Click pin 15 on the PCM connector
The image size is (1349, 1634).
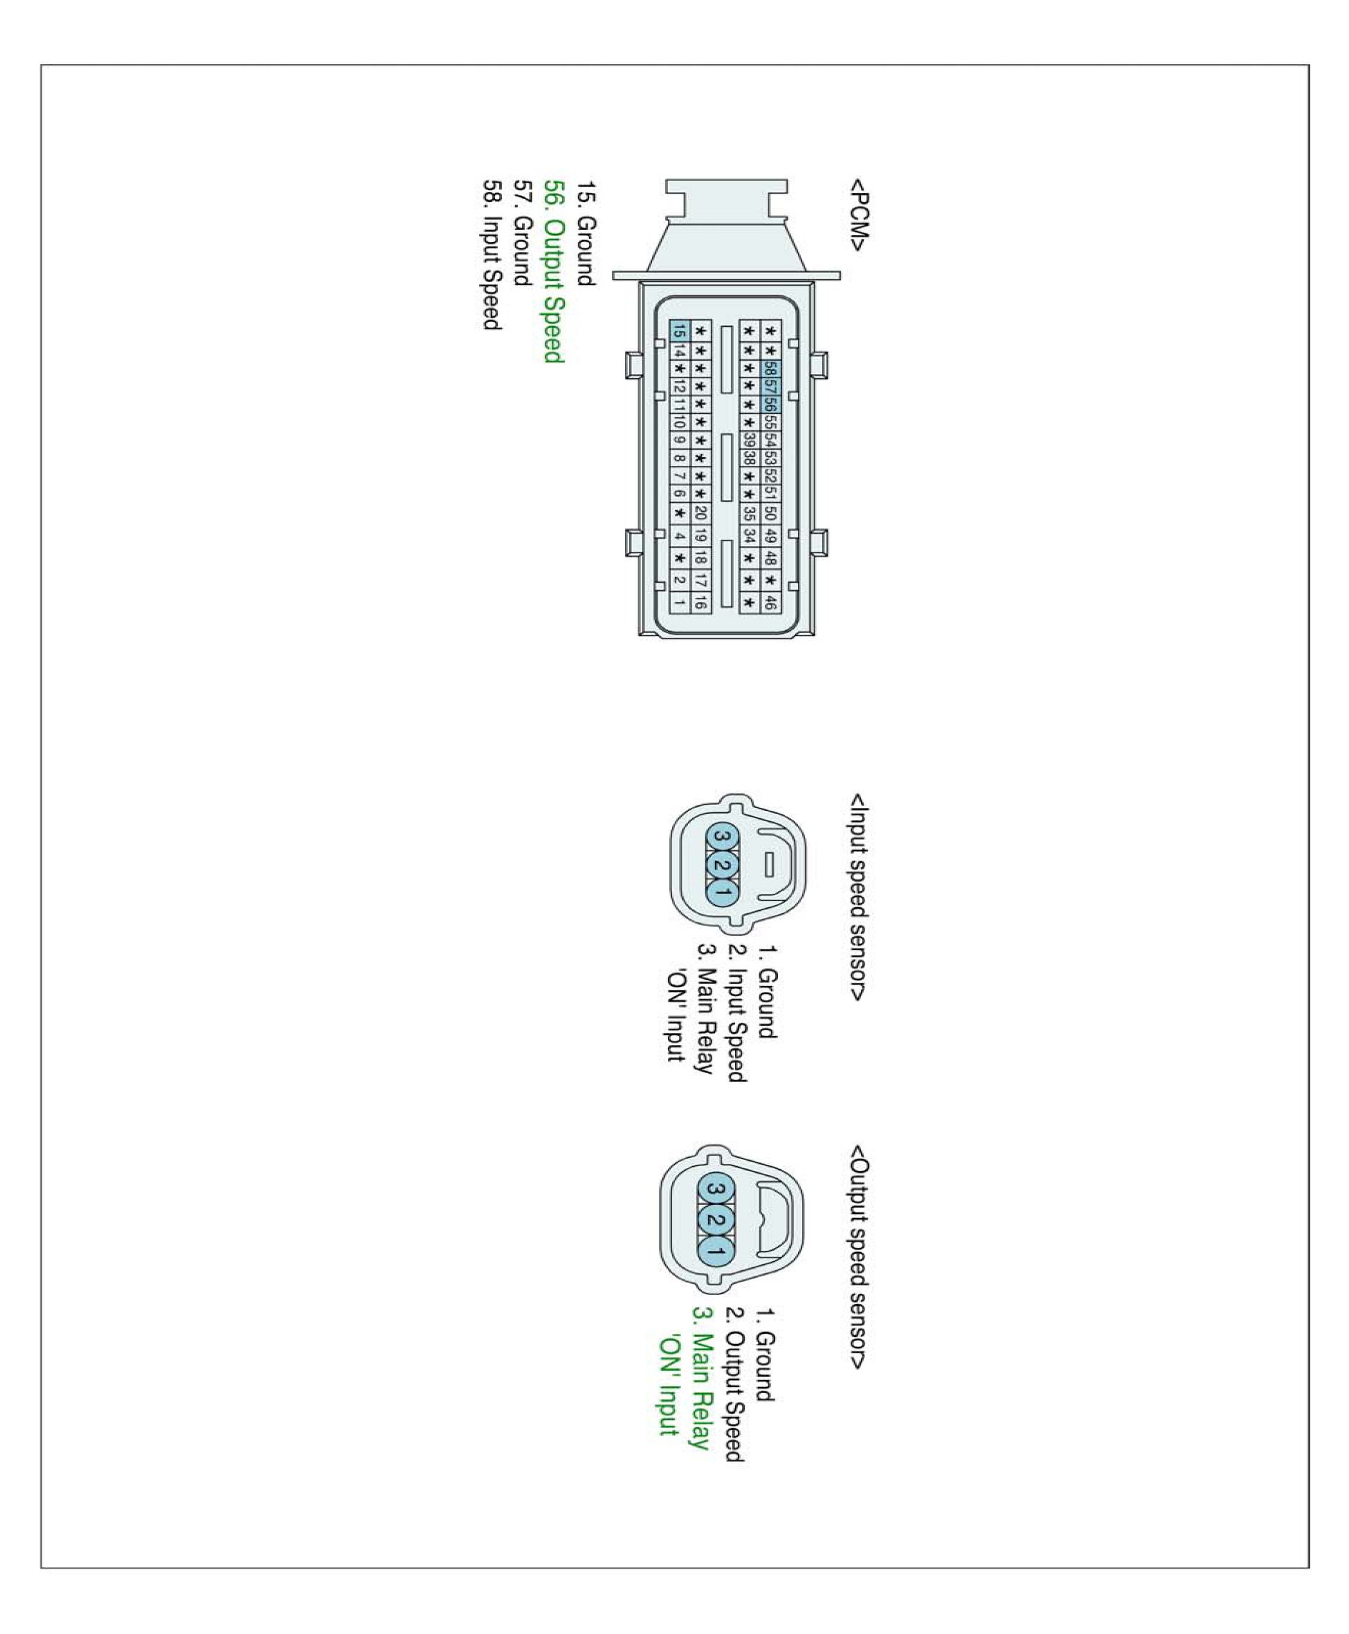coord(679,330)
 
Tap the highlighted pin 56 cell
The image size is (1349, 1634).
coord(770,404)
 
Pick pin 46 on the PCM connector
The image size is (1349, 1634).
coord(770,602)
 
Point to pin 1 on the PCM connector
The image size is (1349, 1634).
coord(679,602)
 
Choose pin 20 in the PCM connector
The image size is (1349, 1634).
coord(700,513)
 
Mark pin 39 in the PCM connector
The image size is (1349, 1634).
coord(749,440)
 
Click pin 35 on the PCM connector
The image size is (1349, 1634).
coord(749,513)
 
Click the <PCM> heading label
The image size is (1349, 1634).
coord(858,215)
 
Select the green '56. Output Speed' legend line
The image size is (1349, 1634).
coord(552,271)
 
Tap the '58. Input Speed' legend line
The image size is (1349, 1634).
coord(491,255)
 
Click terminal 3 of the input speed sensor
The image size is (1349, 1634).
coord(721,836)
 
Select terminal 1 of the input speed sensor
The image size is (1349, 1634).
coord(721,891)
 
